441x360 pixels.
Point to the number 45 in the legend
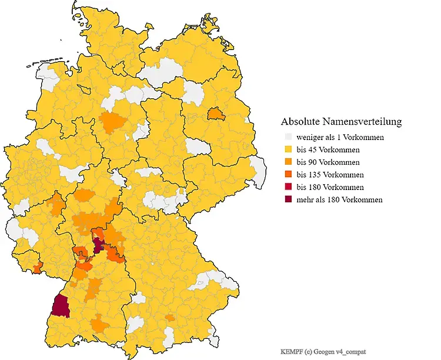(312, 150)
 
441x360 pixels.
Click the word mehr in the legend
(306, 200)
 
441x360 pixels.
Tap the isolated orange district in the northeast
(216, 113)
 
